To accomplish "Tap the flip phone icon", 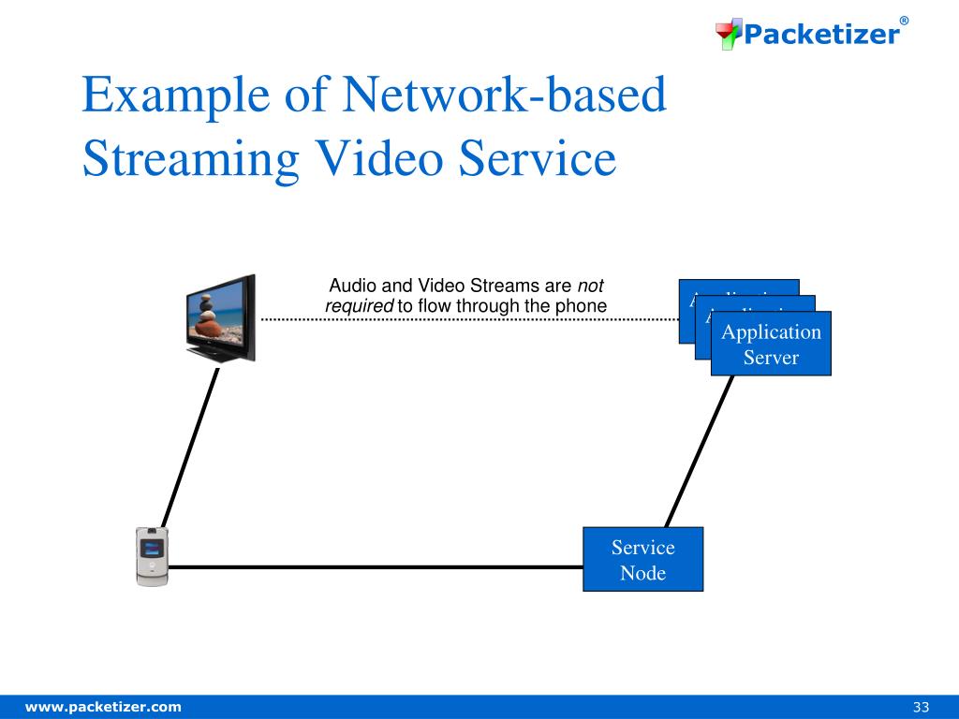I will pyautogui.click(x=152, y=557).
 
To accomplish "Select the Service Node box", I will pyautogui.click(x=642, y=559).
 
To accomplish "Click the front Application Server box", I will pyautogui.click(x=771, y=344).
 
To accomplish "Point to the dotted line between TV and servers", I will pyautogui.click(x=468, y=319).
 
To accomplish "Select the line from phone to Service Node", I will pyautogui.click(x=375, y=566).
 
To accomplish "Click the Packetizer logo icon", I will pyautogui.click(x=729, y=35).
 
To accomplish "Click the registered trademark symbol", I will pyautogui.click(x=904, y=21).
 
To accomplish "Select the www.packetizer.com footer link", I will pyautogui.click(x=103, y=706).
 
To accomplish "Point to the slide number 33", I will pyautogui.click(x=921, y=706).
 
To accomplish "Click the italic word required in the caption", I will pyautogui.click(x=359, y=305).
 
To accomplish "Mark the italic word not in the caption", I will pyautogui.click(x=590, y=286).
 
